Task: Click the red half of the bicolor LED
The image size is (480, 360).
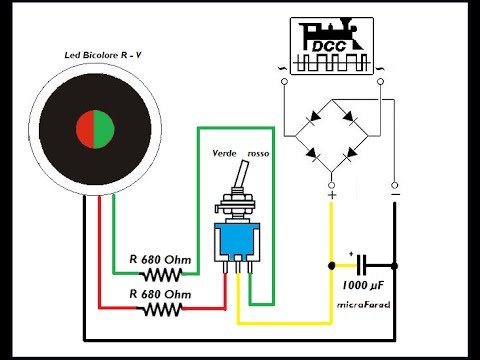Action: coord(86,129)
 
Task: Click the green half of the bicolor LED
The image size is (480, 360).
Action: coord(104,129)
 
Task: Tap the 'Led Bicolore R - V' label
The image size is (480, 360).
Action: coord(103,55)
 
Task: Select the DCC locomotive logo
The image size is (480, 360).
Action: coord(332,46)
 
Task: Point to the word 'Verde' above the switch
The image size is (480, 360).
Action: coord(224,153)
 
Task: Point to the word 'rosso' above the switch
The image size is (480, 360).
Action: coord(258,154)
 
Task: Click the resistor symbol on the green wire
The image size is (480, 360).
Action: coord(160,274)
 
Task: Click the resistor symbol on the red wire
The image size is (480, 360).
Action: coord(160,309)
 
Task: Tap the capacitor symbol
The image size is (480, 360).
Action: coord(361,265)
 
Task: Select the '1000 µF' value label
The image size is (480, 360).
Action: coord(363,285)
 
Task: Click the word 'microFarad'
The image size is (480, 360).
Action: coord(364,305)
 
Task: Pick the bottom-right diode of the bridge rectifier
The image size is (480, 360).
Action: coord(350,154)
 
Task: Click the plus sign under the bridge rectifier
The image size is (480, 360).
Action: coord(332,195)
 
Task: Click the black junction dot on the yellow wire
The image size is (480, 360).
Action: coord(332,266)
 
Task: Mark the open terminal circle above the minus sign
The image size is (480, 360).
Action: coord(394,185)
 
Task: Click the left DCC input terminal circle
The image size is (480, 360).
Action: coord(284,81)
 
